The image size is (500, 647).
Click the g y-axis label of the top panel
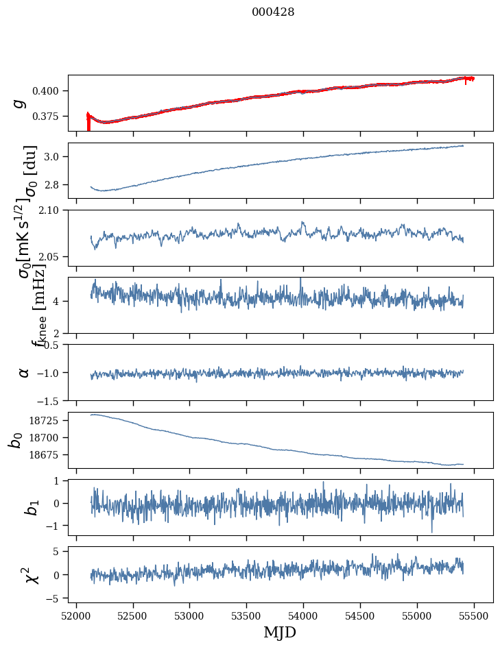click(20, 103)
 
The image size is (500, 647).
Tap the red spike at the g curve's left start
click(88, 123)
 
